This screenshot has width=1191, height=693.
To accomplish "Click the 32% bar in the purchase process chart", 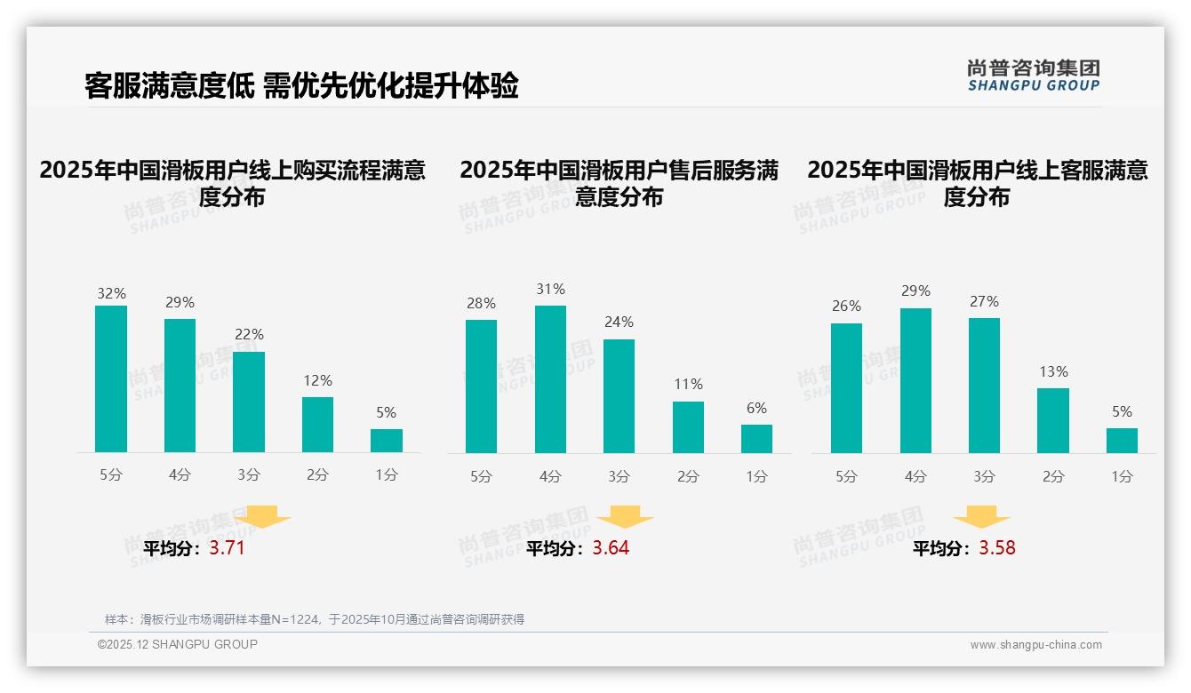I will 111,379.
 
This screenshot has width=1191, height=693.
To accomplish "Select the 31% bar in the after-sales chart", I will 550,379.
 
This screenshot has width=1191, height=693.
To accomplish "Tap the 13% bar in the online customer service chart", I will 1053,420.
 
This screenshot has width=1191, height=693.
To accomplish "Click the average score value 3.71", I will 227,548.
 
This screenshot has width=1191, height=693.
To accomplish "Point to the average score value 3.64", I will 611,548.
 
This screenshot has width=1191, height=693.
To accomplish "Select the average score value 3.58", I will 997,548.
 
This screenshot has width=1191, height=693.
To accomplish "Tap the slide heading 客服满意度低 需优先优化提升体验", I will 301,85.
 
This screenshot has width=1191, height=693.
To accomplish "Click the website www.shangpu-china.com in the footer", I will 1035,645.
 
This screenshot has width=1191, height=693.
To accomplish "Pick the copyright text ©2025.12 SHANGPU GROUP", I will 178,644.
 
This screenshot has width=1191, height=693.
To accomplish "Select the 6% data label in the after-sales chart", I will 756,409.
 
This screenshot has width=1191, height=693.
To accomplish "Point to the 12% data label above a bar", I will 317,380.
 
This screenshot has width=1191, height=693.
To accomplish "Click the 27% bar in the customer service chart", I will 984,386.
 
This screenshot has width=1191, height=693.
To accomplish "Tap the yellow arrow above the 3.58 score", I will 981,517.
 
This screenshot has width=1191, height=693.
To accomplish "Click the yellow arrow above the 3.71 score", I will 262,516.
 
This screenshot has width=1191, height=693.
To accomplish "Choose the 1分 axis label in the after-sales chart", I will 756,476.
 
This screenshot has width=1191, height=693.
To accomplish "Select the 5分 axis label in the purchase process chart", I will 111,475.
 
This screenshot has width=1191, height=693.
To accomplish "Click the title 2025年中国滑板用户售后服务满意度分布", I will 619,183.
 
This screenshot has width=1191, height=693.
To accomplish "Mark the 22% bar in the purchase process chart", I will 249,402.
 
